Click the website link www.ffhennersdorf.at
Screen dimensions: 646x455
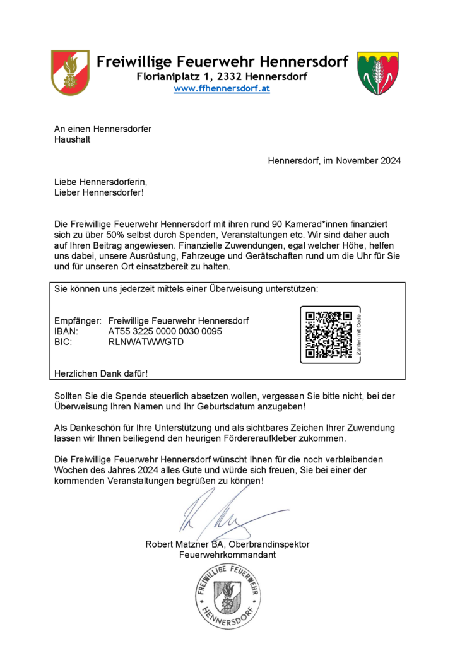click(222, 88)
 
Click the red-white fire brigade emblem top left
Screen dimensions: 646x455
click(70, 72)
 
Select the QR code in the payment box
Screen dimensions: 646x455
click(328, 334)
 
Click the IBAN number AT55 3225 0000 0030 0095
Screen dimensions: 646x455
click(165, 331)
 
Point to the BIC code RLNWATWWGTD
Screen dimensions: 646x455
click(146, 342)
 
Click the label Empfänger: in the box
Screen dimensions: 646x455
click(78, 321)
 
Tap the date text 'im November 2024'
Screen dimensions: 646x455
click(362, 160)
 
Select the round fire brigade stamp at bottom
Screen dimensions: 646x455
click(227, 596)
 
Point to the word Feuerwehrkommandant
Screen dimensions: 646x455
click(228, 555)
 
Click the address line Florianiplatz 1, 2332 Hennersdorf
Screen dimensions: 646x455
click(222, 76)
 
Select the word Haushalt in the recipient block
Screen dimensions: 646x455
click(72, 139)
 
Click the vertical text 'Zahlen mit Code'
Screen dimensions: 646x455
click(358, 335)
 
